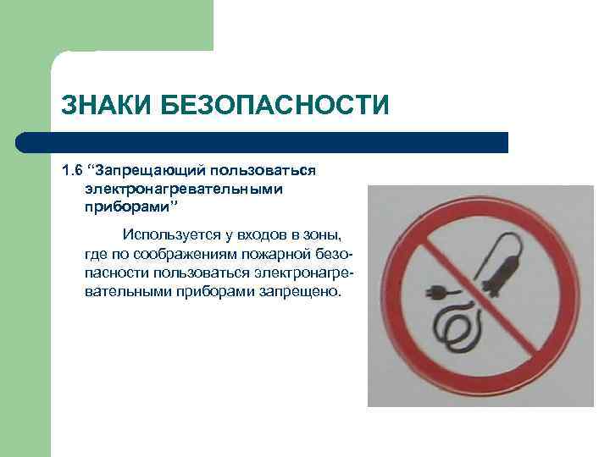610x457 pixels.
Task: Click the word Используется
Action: point(167,234)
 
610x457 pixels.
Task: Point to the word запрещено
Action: point(302,291)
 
